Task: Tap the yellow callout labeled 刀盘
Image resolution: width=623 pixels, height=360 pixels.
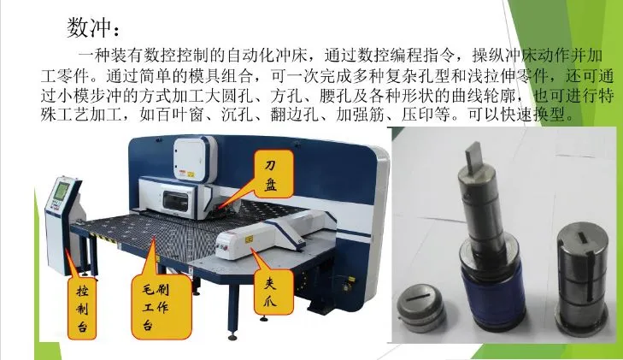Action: [273, 174]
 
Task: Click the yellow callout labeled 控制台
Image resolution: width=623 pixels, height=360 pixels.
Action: [82, 309]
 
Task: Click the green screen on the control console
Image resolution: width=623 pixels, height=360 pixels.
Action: [62, 191]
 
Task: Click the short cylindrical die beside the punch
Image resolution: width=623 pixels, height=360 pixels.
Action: [582, 278]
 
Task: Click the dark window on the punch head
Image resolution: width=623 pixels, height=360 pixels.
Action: [175, 200]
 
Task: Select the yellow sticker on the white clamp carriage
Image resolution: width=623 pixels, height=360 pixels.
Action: [250, 239]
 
